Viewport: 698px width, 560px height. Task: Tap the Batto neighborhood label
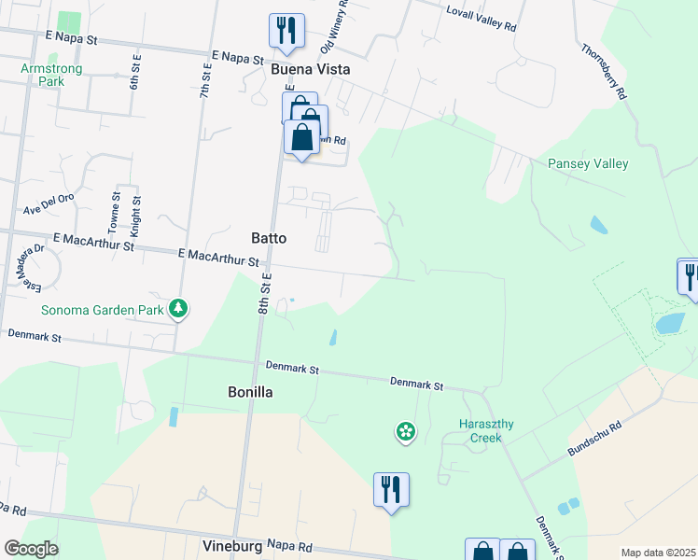click(x=269, y=238)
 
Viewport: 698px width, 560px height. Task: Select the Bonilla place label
click(x=251, y=393)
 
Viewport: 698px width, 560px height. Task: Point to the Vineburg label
click(x=230, y=544)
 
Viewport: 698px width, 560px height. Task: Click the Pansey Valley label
click(x=588, y=164)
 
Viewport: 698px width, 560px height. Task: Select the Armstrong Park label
click(x=51, y=75)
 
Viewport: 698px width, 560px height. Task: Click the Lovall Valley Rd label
click(x=482, y=21)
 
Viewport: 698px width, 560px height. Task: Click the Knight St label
click(x=136, y=215)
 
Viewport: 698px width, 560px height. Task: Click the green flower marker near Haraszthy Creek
click(x=406, y=431)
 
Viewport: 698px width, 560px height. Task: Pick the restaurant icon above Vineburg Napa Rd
click(x=391, y=489)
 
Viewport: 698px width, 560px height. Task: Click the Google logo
click(x=31, y=549)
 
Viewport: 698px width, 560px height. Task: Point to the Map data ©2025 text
click(x=657, y=553)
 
